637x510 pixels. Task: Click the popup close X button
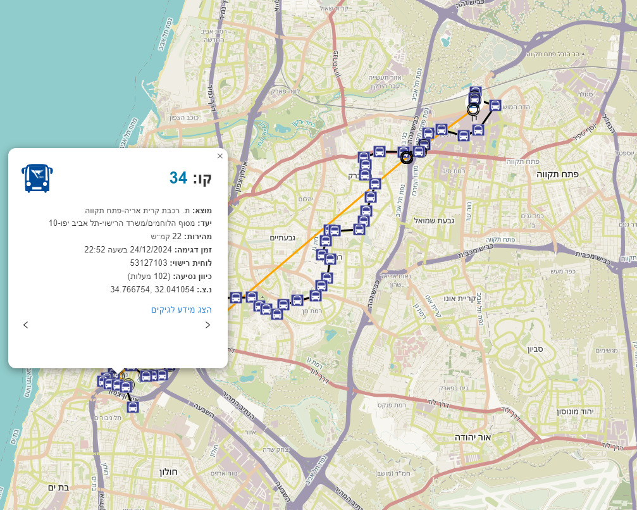220,156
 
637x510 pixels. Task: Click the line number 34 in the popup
178,178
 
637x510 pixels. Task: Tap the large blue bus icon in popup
37,178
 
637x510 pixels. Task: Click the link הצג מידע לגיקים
181,309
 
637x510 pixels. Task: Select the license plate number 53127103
149,263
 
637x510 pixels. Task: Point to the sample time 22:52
95,249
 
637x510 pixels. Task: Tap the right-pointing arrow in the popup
207,325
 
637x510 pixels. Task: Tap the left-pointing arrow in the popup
25,325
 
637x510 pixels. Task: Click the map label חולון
169,471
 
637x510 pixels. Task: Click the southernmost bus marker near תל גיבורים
133,407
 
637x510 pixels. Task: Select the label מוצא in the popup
202,210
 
